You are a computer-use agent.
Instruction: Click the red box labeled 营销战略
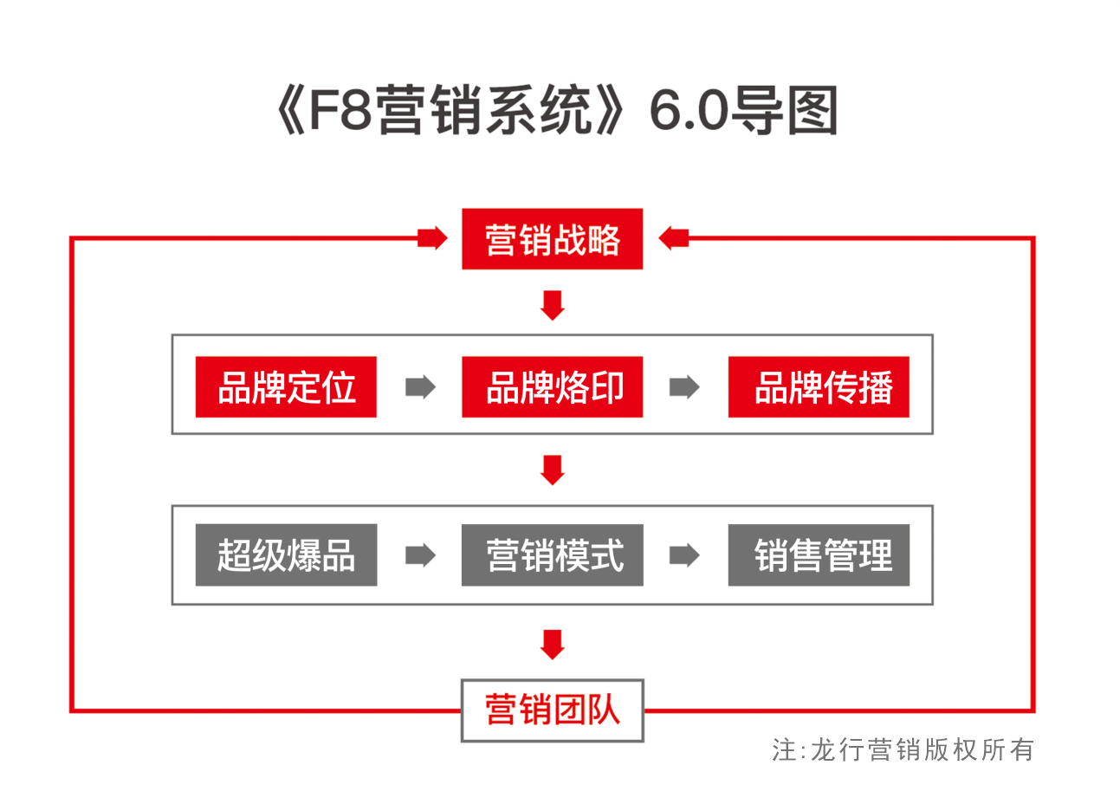552,239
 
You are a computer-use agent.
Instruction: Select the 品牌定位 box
286,386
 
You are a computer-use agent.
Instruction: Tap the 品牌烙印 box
552,386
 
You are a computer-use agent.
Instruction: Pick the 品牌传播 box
819,386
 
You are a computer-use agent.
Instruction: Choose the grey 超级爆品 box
286,554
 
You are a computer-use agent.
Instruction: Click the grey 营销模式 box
552,554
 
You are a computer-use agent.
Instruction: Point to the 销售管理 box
819,554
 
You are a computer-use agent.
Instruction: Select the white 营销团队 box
552,710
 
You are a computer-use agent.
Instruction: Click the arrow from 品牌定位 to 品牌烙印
420,386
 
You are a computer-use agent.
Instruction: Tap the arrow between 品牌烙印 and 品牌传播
684,386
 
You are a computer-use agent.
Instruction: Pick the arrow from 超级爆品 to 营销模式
420,554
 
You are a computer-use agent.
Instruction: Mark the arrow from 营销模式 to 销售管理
684,554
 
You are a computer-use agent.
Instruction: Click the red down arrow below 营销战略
552,305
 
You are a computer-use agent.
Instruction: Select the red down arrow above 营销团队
552,644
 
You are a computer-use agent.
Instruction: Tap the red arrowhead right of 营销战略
673,237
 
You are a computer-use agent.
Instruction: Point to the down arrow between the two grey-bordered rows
552,470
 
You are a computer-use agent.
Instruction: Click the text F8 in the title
340,110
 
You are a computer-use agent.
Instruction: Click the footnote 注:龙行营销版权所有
903,749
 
